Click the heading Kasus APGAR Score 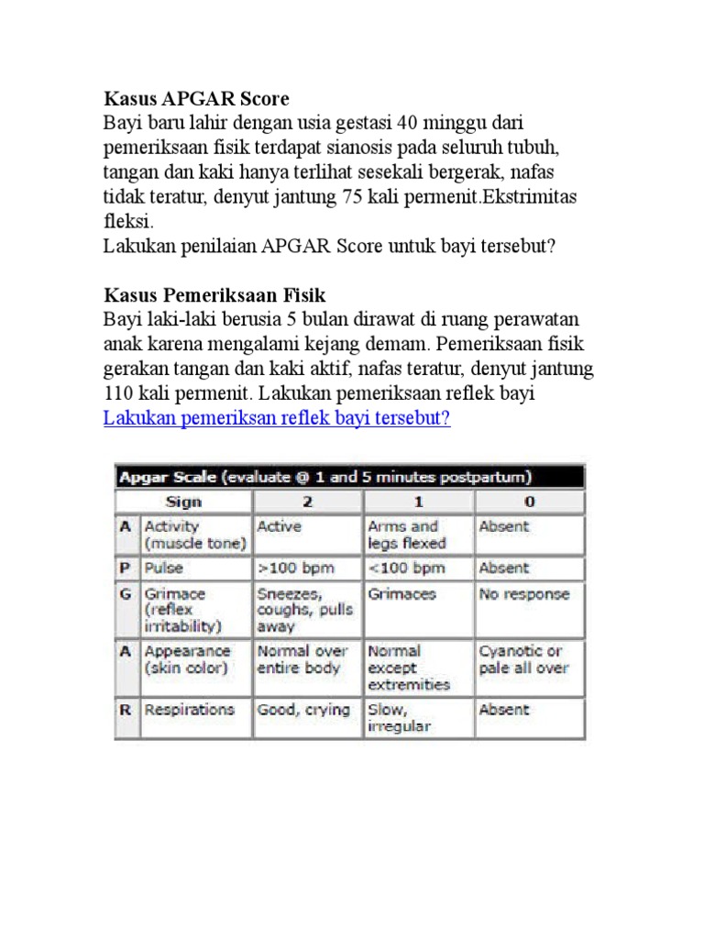click(x=197, y=98)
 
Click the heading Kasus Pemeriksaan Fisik click(x=214, y=295)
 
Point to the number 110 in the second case click(x=120, y=393)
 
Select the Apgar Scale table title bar click(x=349, y=477)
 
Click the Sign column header click(x=183, y=502)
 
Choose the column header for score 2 click(x=307, y=502)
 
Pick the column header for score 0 click(x=529, y=502)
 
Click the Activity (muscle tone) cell click(x=194, y=535)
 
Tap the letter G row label click(x=125, y=594)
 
